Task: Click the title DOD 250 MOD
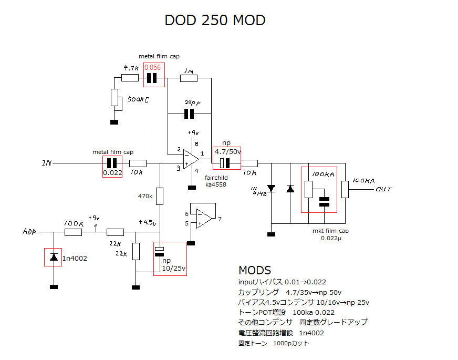(x=215, y=20)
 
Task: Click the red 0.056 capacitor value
(x=152, y=67)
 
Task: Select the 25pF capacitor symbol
(x=189, y=114)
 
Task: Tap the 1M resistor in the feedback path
(x=189, y=78)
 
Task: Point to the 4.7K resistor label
(x=131, y=68)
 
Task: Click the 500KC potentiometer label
(x=138, y=99)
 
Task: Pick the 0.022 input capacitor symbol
(x=112, y=163)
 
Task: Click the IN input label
(x=47, y=163)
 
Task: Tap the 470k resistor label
(x=144, y=196)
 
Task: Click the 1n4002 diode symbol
(x=54, y=257)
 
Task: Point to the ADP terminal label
(x=30, y=231)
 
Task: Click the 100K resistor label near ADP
(x=73, y=223)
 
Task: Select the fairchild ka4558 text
(x=216, y=181)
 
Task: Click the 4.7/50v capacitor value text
(x=227, y=152)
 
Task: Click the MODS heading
(x=255, y=270)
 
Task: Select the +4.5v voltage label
(x=148, y=222)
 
